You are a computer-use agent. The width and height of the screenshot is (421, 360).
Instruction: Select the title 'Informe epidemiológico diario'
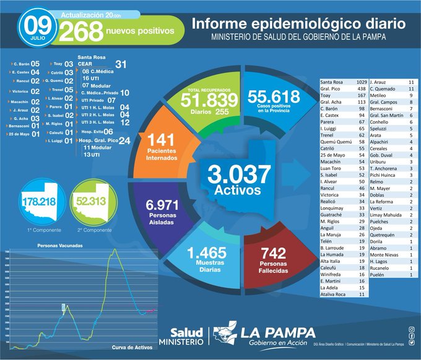(x=298, y=24)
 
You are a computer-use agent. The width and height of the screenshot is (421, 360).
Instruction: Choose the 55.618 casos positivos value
(x=273, y=96)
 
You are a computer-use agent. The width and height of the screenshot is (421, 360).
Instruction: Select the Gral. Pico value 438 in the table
(x=361, y=89)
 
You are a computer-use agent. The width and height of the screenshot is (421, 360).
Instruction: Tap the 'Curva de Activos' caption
(x=134, y=347)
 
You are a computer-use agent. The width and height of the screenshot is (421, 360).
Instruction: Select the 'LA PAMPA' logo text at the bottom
(x=277, y=332)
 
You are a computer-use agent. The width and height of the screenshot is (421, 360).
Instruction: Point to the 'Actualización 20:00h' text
(x=91, y=14)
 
